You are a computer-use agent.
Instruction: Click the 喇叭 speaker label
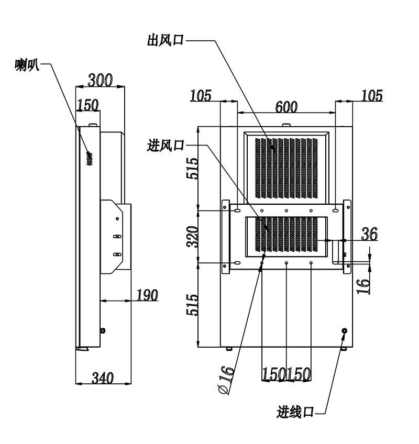tap(27, 65)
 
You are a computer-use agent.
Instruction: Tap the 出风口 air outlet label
tap(166, 40)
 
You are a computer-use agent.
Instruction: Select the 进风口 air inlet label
tap(166, 146)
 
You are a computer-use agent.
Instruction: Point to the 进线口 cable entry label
tap(295, 412)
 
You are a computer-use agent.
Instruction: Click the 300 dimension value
tap(100, 80)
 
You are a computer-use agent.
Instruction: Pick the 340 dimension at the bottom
tap(103, 378)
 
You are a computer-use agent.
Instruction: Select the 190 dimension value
tap(147, 295)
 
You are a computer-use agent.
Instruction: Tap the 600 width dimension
tap(286, 107)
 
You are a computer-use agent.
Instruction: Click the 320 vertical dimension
tap(193, 237)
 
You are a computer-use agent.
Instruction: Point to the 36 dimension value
tap(369, 234)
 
